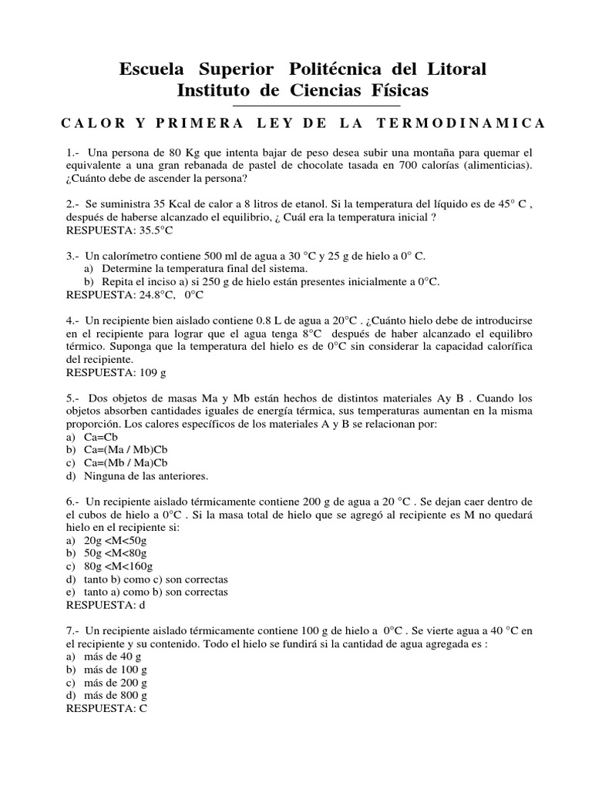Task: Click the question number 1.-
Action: [x=76, y=153]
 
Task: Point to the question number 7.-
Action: [x=76, y=630]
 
